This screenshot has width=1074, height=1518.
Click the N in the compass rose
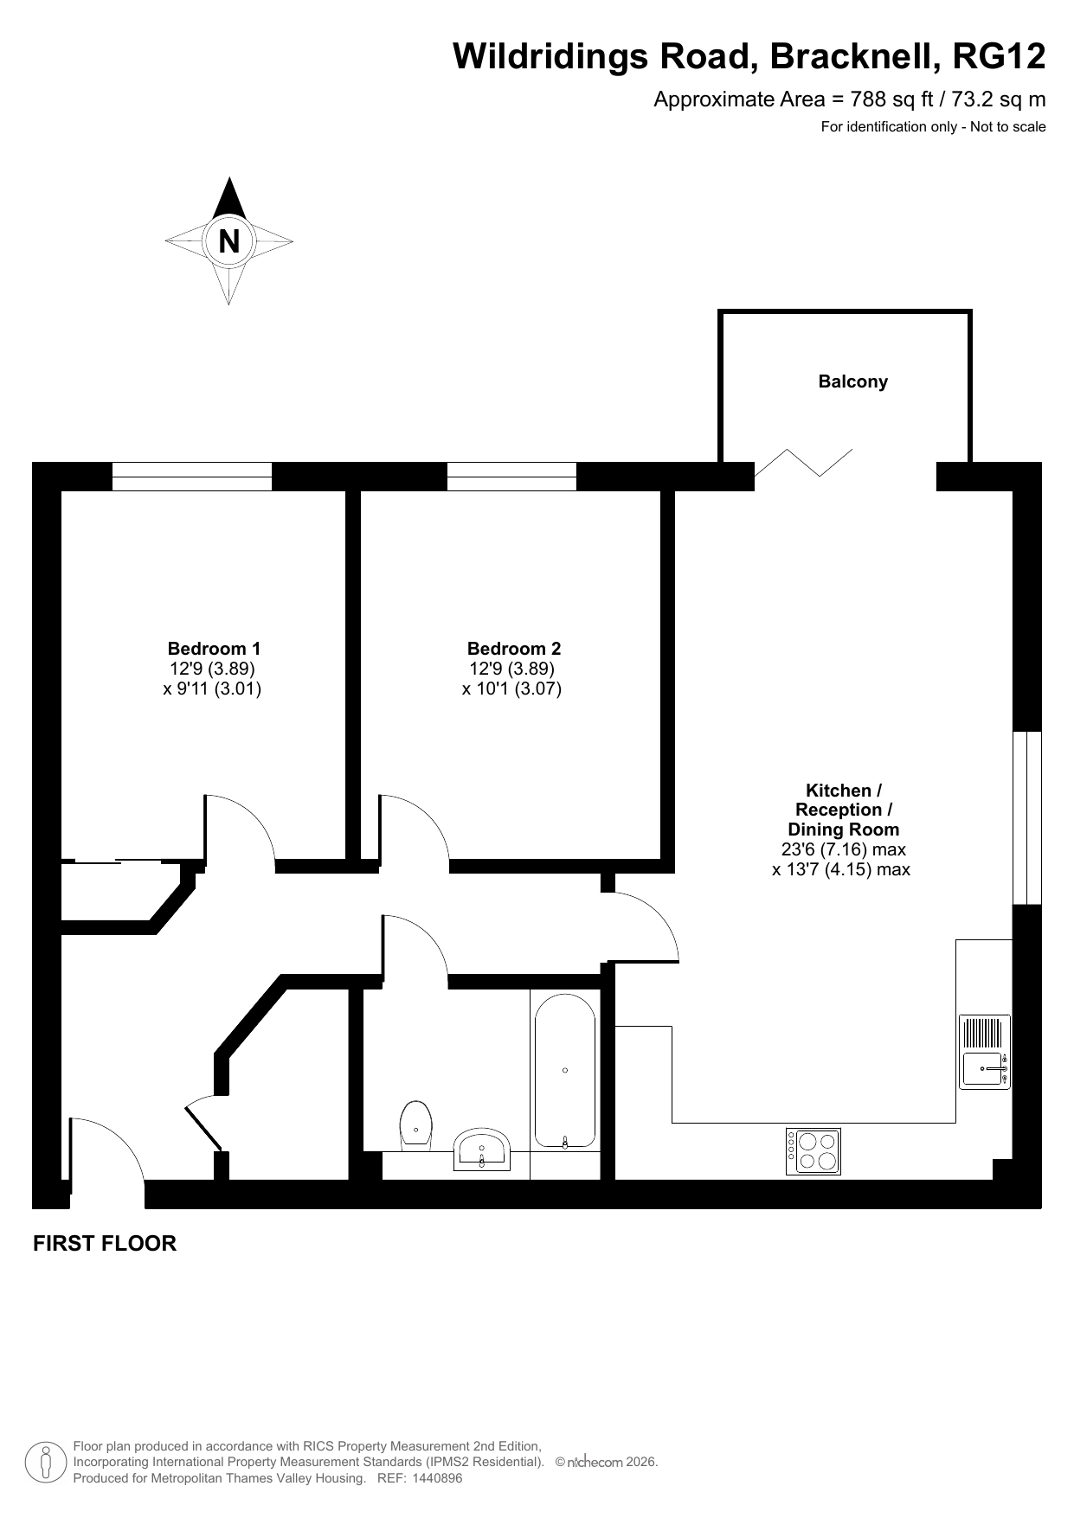tap(228, 240)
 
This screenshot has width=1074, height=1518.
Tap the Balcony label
tap(853, 381)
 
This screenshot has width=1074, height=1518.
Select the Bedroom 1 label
tap(214, 648)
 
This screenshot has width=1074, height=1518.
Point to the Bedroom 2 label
tap(514, 648)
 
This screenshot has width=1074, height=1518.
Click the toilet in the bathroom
tap(416, 1126)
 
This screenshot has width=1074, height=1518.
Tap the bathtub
tap(565, 1071)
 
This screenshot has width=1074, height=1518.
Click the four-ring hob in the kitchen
tap(814, 1151)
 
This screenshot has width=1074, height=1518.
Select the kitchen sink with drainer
tap(985, 1052)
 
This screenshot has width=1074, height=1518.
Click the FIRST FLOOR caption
tap(105, 1243)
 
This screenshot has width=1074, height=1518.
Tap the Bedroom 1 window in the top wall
tap(192, 477)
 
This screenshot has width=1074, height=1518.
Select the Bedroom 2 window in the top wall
tap(511, 477)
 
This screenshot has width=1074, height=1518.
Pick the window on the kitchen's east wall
tap(1027, 817)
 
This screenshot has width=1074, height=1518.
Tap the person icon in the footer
tap(46, 1463)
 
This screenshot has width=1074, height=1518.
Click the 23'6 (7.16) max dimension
tap(844, 849)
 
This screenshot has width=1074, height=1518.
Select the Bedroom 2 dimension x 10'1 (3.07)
tap(512, 689)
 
